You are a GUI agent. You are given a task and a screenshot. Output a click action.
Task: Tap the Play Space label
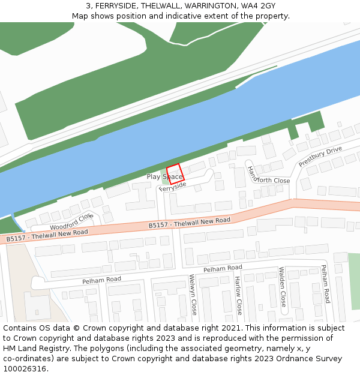click(x=164, y=177)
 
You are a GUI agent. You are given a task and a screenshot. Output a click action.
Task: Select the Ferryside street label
click(x=173, y=187)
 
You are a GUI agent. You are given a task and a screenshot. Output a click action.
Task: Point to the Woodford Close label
click(x=71, y=221)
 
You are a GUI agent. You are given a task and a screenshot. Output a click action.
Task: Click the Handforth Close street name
click(x=268, y=174)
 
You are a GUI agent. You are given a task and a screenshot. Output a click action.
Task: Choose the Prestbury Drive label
click(x=320, y=156)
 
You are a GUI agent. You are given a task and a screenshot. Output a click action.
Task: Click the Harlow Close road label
click(x=239, y=295)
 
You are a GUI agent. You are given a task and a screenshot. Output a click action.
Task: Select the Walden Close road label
click(x=283, y=287)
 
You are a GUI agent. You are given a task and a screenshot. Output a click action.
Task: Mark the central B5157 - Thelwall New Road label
click(x=190, y=223)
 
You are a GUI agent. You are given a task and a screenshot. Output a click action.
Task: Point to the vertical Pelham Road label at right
click(x=325, y=284)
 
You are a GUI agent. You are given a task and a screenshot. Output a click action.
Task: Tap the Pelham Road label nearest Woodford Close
click(x=101, y=280)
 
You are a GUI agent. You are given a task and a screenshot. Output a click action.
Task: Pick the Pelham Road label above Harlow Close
click(x=223, y=268)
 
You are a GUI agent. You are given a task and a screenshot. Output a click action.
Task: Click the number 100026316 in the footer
click(x=25, y=368)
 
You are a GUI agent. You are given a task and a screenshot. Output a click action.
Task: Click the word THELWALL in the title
click(x=158, y=5)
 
